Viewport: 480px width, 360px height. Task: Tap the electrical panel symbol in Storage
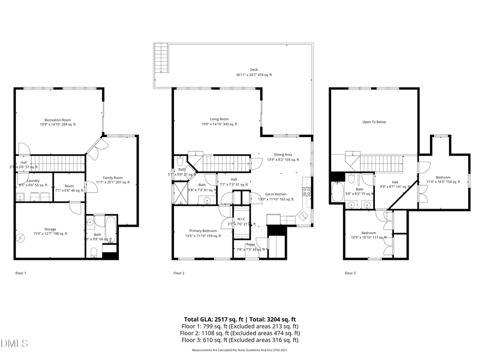[21, 238]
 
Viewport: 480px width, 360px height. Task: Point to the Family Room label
[113, 180]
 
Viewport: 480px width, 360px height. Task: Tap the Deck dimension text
[254, 75]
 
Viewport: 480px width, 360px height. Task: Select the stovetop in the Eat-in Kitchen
[307, 191]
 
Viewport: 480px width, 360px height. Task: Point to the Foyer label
[250, 245]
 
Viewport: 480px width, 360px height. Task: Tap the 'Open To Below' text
[374, 122]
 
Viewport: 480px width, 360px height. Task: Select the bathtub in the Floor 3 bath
[338, 192]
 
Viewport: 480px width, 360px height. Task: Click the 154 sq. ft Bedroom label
[443, 180]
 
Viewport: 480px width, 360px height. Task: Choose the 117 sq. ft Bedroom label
[369, 235]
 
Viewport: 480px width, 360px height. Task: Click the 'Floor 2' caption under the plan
[179, 273]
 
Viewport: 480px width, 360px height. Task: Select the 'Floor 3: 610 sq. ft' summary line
[239, 340]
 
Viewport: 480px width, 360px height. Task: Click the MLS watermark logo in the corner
[14, 342]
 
